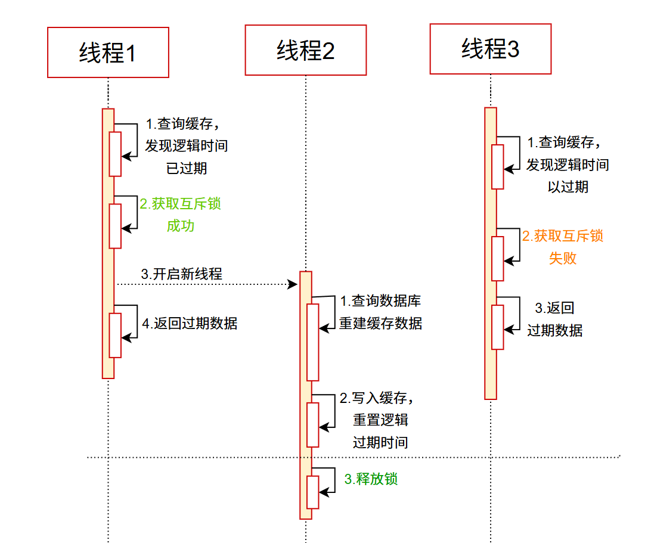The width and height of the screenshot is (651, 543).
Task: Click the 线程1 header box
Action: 108,52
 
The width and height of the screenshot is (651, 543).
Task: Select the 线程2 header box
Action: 305,50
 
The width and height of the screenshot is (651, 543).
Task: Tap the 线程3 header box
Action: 490,49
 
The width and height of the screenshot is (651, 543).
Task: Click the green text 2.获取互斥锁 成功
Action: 181,215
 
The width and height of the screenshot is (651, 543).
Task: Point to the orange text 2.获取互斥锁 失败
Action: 563,247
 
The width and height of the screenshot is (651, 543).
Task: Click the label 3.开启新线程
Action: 181,274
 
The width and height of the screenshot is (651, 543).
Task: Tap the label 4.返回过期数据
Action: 190,324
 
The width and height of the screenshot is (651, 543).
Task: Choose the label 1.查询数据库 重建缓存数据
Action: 381,312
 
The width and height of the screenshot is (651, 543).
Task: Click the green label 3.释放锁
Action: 371,479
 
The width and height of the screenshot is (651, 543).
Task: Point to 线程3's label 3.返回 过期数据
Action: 555,319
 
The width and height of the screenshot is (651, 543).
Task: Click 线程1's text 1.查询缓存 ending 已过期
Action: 186,146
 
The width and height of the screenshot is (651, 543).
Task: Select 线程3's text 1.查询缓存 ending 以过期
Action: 568,165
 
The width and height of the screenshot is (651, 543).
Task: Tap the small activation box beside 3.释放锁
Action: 312,492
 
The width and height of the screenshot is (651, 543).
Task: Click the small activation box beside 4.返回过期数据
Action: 115,335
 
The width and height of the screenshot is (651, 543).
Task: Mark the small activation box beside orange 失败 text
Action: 497,258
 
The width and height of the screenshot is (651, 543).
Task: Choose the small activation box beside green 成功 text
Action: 115,226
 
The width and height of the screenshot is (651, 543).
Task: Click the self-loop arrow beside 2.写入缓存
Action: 328,411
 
